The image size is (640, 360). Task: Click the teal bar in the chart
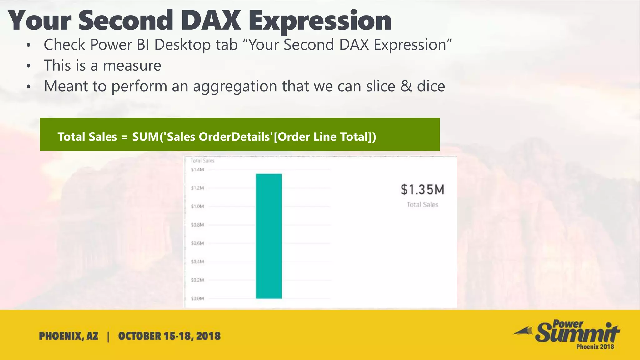coord(269,236)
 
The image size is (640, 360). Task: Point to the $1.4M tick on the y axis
coord(197,170)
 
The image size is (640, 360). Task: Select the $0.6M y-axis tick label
coord(197,243)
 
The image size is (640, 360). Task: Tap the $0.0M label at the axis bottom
coord(197,298)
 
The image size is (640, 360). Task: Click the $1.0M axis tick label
coord(197,207)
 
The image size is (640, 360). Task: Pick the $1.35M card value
coord(422,190)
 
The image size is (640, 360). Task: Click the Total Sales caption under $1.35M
coord(422,205)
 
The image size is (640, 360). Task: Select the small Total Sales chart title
coord(202,161)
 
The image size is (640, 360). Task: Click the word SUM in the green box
coord(146,137)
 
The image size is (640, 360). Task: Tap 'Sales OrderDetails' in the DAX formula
coord(219,137)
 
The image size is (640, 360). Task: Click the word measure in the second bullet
coord(132,66)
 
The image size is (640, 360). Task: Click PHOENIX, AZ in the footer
coord(68,336)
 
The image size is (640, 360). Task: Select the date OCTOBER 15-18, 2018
coord(169,336)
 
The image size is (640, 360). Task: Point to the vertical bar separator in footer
coord(108,337)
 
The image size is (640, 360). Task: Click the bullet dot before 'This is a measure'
coord(29,66)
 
